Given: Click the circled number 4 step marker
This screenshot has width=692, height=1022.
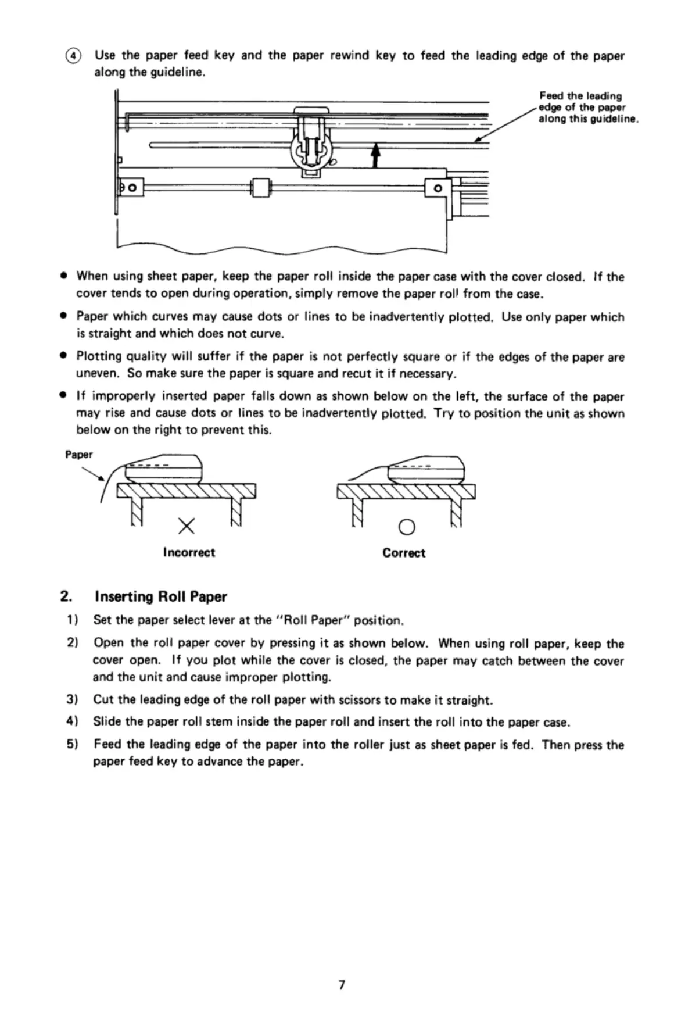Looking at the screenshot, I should pos(73,56).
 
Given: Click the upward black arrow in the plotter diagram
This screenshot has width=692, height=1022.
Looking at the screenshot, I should pos(375,155).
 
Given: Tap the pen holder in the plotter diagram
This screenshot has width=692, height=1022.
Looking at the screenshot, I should pos(312,144).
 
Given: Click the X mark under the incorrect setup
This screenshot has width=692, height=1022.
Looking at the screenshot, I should pos(186,526).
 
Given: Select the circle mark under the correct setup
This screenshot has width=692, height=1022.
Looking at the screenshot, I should pos(407,527).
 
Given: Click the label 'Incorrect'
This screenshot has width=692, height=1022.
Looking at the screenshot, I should pos(189,552).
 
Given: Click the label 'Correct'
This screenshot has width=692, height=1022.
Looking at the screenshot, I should pos(403,553).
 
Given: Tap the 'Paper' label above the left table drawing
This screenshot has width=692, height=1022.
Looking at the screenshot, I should pos(78,455).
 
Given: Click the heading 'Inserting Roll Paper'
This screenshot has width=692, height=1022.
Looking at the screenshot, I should pos(160,597).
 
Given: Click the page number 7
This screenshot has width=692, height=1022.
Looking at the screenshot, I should pos(342,985).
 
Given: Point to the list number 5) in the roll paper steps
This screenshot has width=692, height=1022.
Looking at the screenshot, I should pos(72,744).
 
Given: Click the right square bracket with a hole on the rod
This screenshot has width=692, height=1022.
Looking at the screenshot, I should pos(439,188).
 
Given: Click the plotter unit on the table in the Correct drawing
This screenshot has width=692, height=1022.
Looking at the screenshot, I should pos(426,469).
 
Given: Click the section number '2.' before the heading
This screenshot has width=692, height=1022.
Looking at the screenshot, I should pos(66,597).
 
